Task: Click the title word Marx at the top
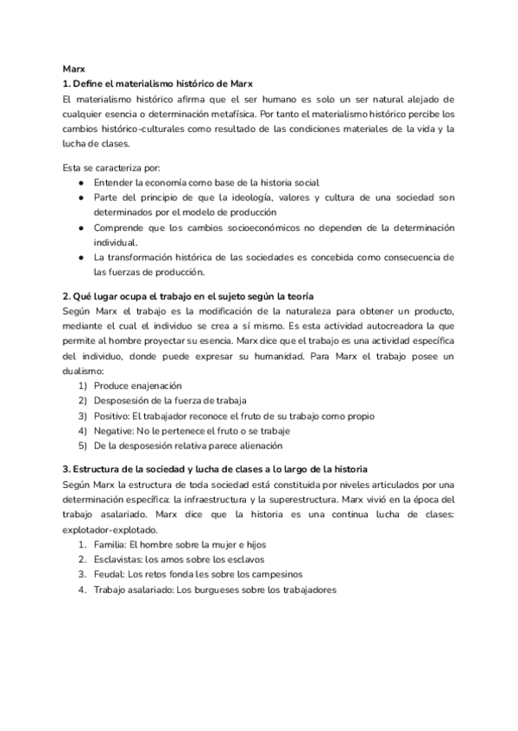(74, 68)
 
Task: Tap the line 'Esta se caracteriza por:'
(112, 166)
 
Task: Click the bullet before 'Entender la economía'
(80, 182)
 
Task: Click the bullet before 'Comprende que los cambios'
(80, 228)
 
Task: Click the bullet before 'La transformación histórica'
(80, 258)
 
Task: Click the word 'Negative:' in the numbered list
(116, 431)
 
